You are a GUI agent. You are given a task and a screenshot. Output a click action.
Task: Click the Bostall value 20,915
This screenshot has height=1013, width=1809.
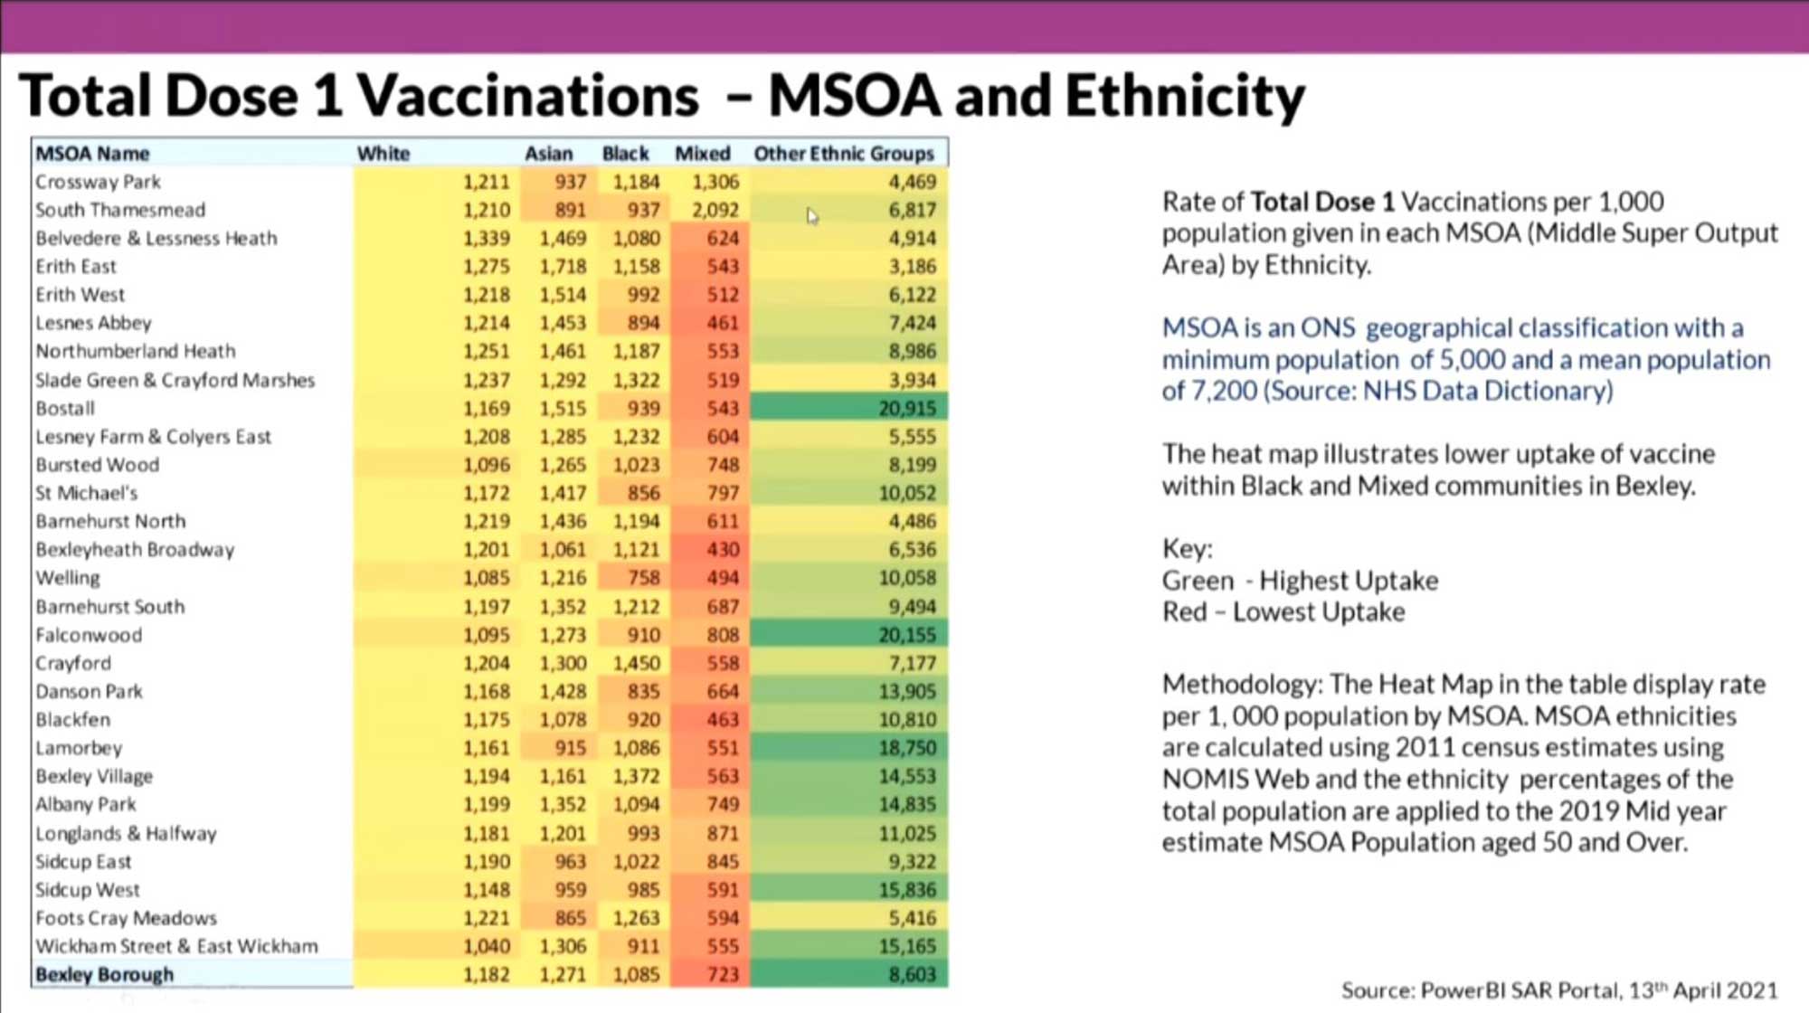click(906, 409)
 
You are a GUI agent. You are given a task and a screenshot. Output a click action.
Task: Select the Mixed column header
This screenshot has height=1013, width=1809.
click(702, 154)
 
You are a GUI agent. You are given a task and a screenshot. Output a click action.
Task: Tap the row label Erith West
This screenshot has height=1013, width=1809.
click(81, 295)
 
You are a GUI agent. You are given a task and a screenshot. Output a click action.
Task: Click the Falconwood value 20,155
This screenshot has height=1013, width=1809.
click(906, 635)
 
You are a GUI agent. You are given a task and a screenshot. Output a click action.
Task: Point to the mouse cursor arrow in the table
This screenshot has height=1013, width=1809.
click(811, 215)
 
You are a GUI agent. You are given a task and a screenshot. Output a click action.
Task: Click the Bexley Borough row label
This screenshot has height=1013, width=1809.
click(104, 975)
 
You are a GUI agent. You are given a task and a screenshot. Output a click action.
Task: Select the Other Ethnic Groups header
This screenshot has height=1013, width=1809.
click(843, 154)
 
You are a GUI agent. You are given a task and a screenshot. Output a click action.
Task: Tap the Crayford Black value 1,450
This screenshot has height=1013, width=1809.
click(636, 663)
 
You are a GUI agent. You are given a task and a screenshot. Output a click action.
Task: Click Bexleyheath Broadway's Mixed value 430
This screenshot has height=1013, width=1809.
click(723, 550)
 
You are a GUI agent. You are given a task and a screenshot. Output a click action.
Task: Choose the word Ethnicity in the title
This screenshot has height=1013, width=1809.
click(1184, 96)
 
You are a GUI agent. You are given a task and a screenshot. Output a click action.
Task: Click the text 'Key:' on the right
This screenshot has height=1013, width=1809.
click(1187, 549)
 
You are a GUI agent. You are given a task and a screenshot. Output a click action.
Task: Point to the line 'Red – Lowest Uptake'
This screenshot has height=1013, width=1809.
click(1283, 612)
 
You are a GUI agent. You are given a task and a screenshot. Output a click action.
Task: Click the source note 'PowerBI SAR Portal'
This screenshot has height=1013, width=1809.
click(1520, 990)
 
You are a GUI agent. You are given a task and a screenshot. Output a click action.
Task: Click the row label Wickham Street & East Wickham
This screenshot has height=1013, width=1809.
click(176, 947)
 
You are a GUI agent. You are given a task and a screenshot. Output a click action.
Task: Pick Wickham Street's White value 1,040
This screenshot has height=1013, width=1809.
click(487, 947)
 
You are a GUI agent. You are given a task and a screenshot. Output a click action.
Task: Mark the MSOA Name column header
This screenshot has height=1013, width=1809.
click(92, 154)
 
